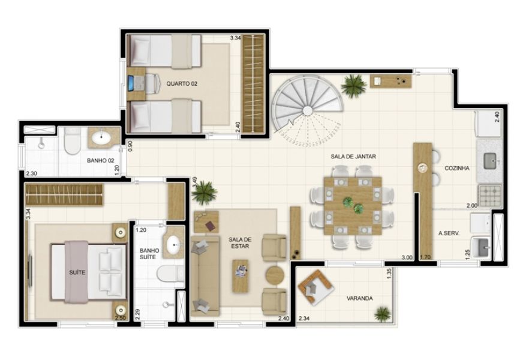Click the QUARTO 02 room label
[182, 84]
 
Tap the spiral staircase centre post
[308, 111]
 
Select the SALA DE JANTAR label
[353, 157]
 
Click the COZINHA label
[457, 168]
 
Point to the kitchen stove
[489, 195]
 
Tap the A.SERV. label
[449, 233]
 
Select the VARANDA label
[360, 298]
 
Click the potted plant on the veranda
[382, 314]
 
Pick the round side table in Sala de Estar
[275, 275]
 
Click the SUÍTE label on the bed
[77, 272]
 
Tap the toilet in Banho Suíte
[170, 274]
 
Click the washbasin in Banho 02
[103, 138]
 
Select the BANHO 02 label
[100, 160]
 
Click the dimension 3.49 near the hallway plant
[194, 182]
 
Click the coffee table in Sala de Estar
[241, 276]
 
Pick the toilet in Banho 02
[73, 140]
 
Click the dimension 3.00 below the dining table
[407, 257]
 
